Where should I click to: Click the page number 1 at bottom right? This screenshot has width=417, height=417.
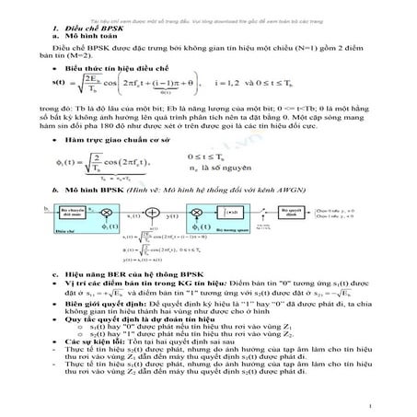click(367, 405)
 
